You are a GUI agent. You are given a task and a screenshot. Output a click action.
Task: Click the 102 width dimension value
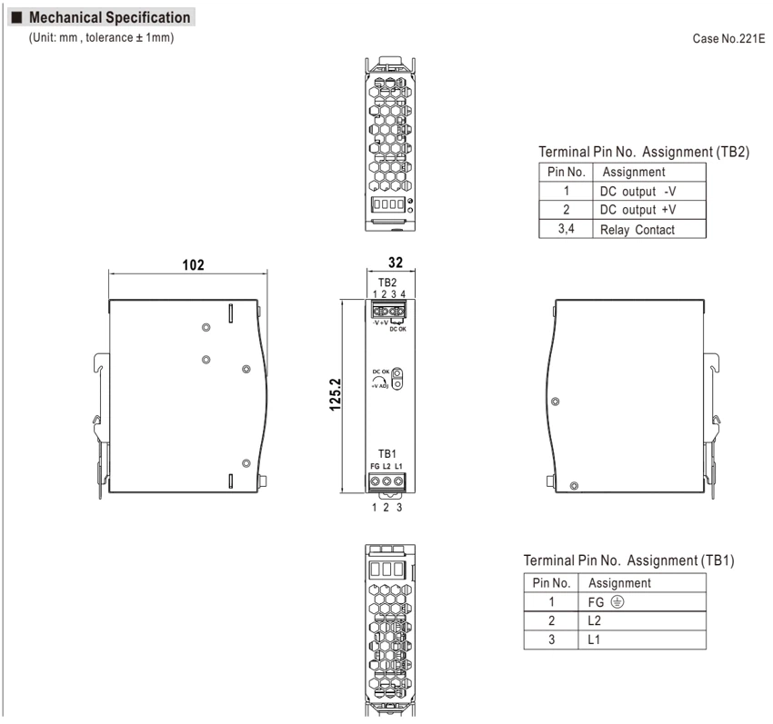193,265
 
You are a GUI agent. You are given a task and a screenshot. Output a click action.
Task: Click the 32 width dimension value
396,263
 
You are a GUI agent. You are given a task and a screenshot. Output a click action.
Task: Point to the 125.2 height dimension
336,394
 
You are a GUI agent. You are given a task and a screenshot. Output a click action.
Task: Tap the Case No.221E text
728,38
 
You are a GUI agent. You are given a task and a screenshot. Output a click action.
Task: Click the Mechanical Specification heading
109,17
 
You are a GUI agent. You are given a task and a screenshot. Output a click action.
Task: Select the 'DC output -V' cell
637,191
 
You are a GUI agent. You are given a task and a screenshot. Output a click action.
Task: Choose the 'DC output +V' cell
637,210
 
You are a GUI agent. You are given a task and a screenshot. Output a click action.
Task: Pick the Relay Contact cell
637,230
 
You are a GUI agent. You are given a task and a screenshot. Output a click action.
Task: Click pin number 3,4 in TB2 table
566,229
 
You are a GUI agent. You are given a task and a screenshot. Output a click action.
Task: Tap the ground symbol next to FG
617,601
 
